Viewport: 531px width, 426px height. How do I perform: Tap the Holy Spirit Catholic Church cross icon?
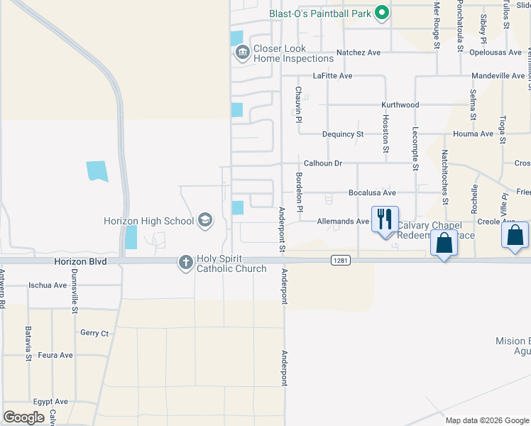(x=185, y=263)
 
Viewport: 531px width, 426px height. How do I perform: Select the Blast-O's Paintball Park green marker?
(x=382, y=12)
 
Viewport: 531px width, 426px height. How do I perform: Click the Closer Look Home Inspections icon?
(x=242, y=53)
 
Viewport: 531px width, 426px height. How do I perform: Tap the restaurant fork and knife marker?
(x=385, y=219)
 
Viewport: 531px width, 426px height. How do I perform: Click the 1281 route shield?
(x=339, y=261)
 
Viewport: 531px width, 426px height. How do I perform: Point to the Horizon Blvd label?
(x=80, y=261)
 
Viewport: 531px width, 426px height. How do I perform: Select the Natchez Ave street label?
(x=358, y=53)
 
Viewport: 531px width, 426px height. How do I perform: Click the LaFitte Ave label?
(x=332, y=76)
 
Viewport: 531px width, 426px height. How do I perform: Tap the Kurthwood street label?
(x=400, y=105)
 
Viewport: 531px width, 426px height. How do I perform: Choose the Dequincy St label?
(x=342, y=133)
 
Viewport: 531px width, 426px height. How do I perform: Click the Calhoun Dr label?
(x=323, y=163)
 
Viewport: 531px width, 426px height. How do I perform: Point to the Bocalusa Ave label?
(x=371, y=192)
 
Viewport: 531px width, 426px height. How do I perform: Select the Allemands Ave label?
(x=343, y=222)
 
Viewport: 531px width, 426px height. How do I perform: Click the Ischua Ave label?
(x=48, y=285)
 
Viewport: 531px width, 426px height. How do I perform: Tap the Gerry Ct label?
(x=94, y=333)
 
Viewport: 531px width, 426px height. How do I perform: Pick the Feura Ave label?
(x=55, y=355)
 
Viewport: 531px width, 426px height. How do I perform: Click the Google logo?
(x=23, y=417)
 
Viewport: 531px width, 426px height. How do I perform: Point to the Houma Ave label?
(x=477, y=133)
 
